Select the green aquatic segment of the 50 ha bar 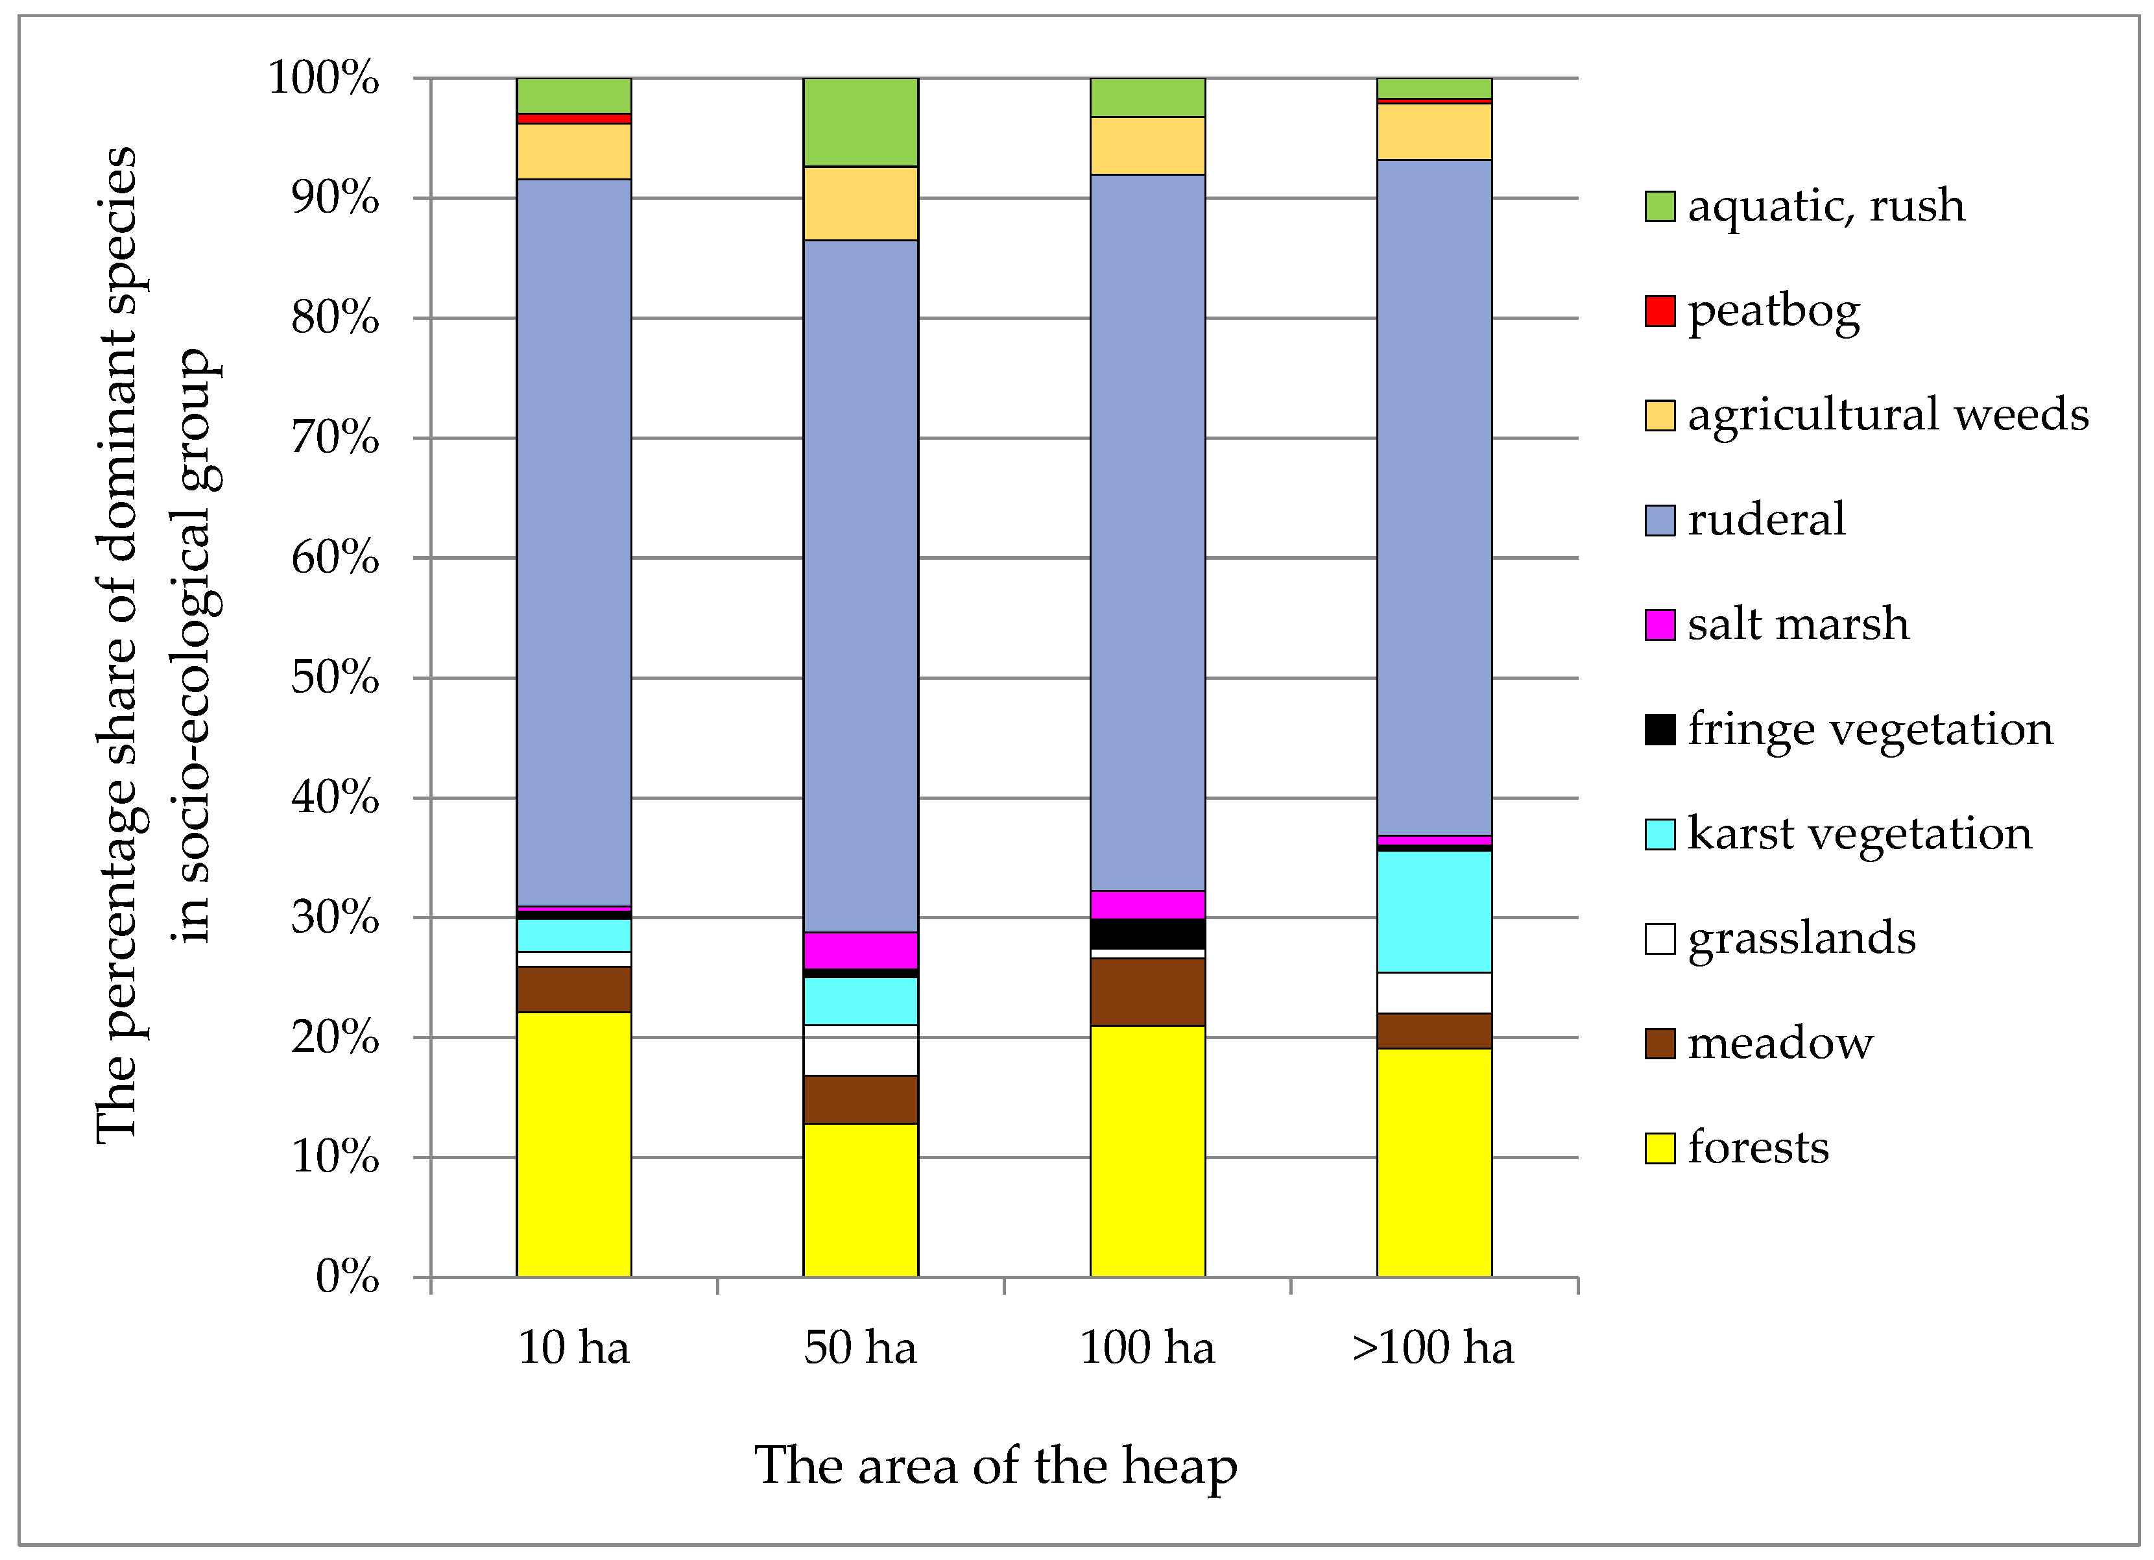(x=861, y=121)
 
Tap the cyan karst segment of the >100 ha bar (x=1434, y=911)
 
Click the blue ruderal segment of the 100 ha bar (x=1147, y=532)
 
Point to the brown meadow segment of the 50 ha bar (x=861, y=1099)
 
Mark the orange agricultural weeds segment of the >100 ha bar (x=1434, y=131)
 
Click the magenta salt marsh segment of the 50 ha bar (x=861, y=950)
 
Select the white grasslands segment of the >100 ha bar (x=1434, y=993)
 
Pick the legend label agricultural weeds (x=1887, y=415)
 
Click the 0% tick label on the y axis (x=346, y=1277)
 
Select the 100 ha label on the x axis (x=1147, y=1348)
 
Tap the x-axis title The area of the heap (x=996, y=1465)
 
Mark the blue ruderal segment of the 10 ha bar (x=573, y=542)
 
